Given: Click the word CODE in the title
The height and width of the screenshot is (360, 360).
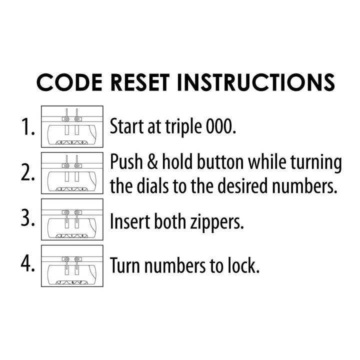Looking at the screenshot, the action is [69, 82].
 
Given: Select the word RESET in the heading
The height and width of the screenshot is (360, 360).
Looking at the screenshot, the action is [140, 82].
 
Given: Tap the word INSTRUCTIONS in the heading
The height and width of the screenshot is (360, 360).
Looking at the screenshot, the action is [256, 82].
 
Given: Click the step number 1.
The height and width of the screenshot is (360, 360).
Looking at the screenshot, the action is [28, 126].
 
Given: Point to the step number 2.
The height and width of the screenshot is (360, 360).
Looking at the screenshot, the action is [28, 172].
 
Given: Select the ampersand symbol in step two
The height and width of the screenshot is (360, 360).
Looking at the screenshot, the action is [152, 161].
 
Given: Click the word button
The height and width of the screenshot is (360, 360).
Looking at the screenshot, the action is [220, 161].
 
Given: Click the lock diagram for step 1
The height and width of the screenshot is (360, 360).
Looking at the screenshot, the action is [72, 126].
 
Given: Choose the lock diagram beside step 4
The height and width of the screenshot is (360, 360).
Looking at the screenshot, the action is [72, 266].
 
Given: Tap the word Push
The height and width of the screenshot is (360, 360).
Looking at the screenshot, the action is [126, 161].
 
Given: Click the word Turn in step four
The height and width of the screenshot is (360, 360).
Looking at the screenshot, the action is [125, 265].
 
